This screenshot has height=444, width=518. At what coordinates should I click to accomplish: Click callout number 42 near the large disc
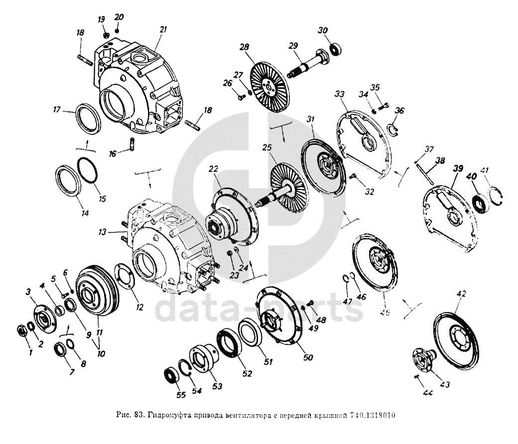[461, 294]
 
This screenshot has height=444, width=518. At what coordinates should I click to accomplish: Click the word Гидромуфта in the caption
[162, 415]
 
